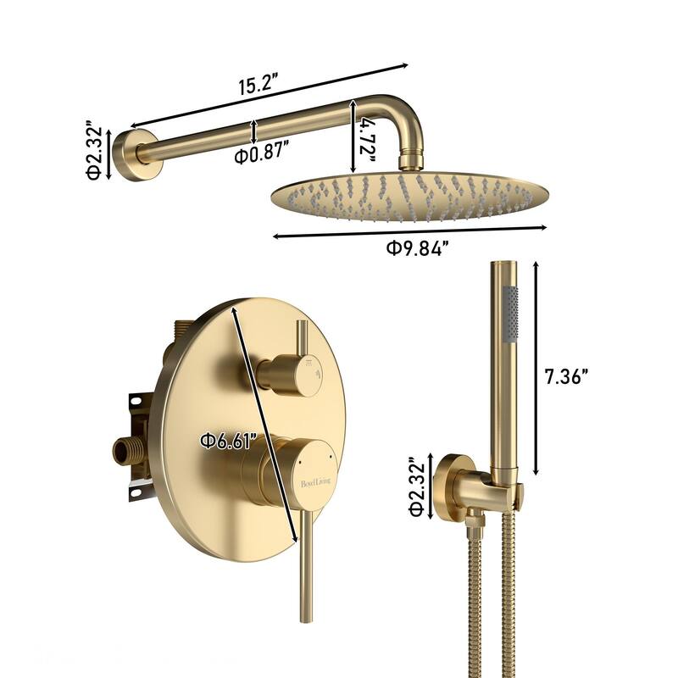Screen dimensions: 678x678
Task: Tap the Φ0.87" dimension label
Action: click(x=262, y=153)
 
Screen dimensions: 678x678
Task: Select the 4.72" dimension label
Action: click(x=368, y=139)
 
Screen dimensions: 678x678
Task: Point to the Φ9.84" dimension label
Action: click(x=416, y=248)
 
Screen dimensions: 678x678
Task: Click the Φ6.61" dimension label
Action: click(x=229, y=441)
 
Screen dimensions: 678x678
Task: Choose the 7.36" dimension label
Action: click(x=566, y=377)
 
